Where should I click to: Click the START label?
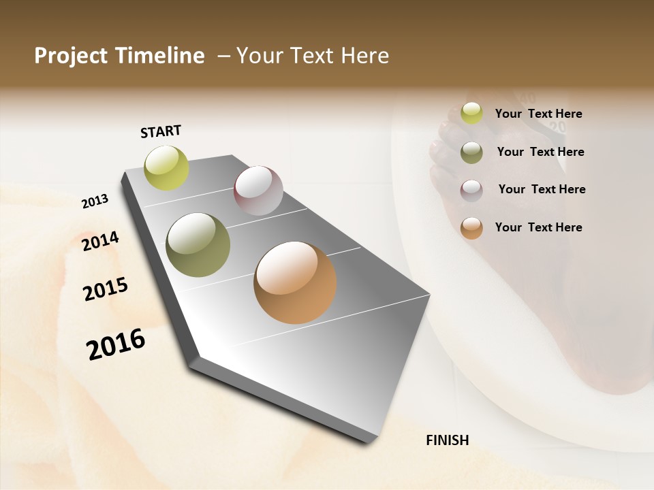161,131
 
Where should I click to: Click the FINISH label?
447,440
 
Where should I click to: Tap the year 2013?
95,201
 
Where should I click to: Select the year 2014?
100,241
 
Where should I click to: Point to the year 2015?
105,289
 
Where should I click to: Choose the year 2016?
116,344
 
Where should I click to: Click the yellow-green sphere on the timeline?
167,167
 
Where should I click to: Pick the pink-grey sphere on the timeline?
258,191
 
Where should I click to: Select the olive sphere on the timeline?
198,245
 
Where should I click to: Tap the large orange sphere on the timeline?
295,282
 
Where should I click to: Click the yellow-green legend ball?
471,114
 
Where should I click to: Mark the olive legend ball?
471,152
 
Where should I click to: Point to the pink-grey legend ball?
471,190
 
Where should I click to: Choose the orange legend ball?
471,228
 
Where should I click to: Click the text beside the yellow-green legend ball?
538,114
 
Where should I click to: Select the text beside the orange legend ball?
538,227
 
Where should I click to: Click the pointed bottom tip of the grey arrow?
369,442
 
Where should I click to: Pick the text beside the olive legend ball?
540,152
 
